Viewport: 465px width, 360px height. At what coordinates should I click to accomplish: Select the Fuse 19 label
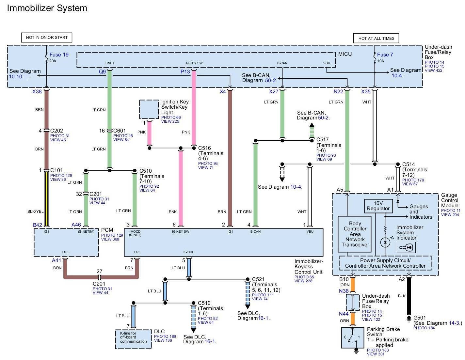tap(59, 55)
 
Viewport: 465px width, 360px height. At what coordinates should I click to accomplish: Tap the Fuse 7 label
tap(385, 55)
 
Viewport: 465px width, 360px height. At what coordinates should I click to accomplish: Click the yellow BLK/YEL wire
tap(46, 199)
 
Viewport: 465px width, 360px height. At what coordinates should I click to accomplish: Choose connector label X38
tap(37, 92)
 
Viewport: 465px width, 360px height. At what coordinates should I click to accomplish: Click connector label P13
tap(185, 71)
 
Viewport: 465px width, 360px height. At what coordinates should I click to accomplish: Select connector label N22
tap(338, 92)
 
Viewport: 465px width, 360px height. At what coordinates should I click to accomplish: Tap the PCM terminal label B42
tap(38, 225)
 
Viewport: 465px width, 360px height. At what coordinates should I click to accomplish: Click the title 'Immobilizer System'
tap(47, 8)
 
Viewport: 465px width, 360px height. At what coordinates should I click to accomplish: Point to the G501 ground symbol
tap(409, 319)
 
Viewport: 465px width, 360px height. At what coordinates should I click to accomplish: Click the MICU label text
tap(345, 54)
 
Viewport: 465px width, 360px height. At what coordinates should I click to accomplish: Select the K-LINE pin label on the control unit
tap(188, 252)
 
